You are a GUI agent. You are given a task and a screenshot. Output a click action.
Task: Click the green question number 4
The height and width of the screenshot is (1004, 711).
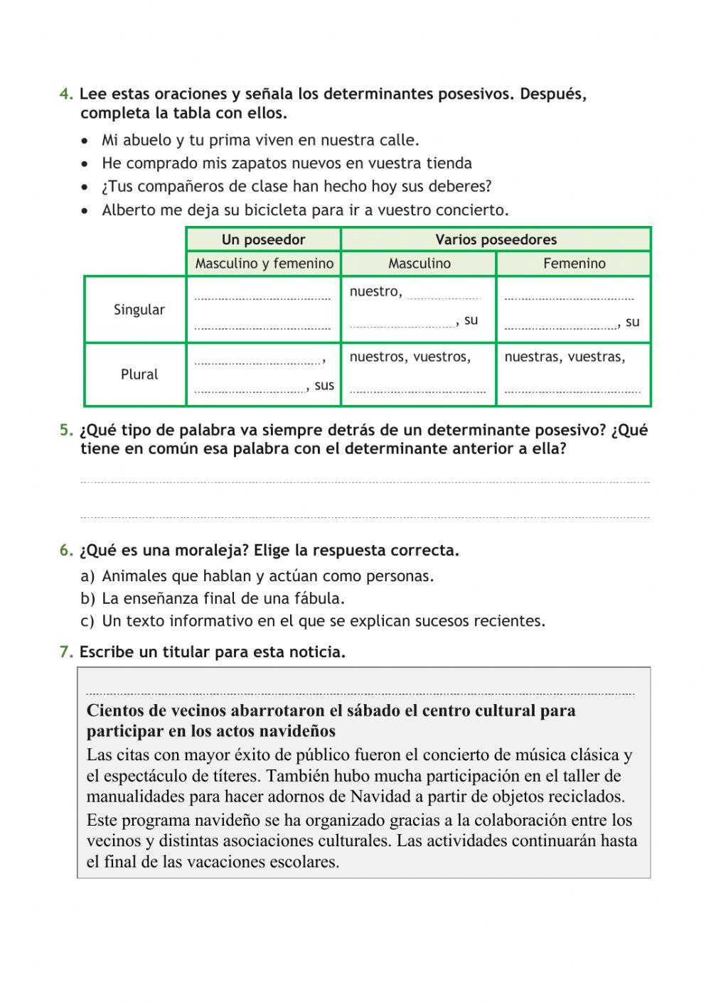(66, 95)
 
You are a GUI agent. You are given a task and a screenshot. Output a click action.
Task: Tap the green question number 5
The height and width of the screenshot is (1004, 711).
(66, 431)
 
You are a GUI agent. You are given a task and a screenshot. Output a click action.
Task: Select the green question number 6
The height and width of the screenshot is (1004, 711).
(66, 551)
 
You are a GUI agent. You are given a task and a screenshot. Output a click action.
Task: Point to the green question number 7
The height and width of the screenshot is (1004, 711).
(66, 652)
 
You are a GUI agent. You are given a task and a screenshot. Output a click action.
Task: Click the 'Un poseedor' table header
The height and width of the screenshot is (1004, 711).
(263, 239)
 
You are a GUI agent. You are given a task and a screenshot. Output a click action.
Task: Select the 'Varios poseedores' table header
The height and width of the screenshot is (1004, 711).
(496, 239)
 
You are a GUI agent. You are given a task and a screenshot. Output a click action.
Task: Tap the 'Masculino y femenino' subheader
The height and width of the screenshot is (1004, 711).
(264, 264)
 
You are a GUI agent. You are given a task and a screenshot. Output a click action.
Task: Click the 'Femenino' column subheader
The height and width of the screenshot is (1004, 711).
(574, 264)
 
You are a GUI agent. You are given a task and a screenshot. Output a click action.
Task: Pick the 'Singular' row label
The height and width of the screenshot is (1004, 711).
(139, 310)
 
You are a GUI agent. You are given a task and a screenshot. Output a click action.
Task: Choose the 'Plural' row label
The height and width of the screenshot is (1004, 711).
(139, 374)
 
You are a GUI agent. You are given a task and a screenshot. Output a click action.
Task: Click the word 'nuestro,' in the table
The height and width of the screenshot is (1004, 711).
(375, 291)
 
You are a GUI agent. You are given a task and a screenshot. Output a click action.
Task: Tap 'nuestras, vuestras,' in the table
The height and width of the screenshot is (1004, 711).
(565, 357)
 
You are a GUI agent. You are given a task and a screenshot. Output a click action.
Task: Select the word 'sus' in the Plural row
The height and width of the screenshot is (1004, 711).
(324, 385)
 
